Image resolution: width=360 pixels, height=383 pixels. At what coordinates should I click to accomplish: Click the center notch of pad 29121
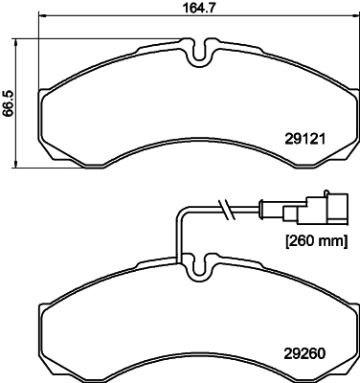pos(198,56)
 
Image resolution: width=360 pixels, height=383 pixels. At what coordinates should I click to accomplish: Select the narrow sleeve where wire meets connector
pos(268,206)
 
